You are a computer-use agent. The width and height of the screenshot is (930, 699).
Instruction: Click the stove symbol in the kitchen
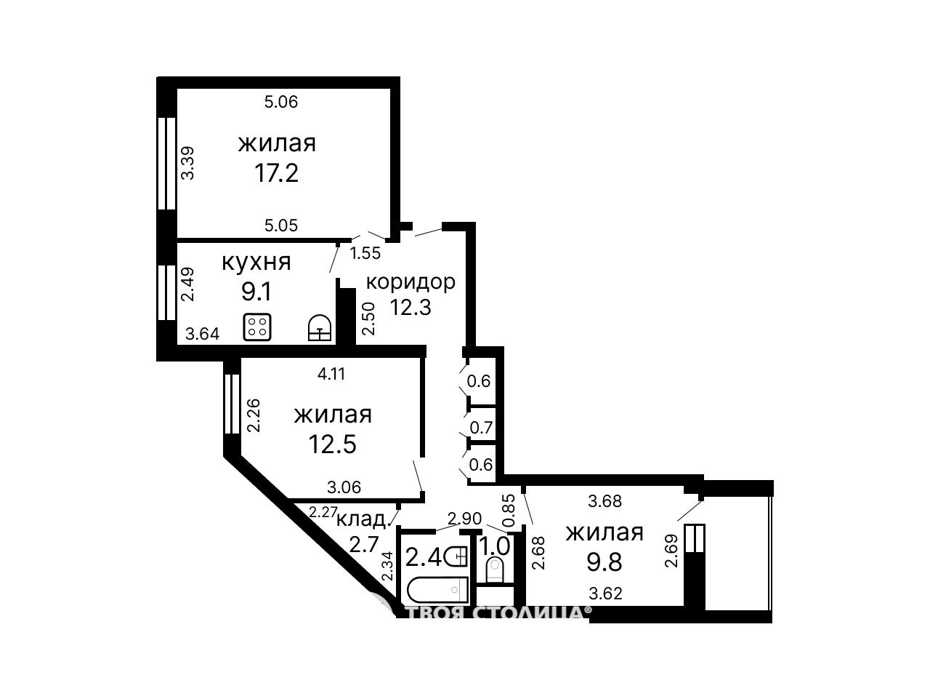click(256, 327)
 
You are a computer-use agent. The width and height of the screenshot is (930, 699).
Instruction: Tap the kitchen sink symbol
click(320, 327)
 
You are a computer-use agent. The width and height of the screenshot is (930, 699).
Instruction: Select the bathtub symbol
click(437, 590)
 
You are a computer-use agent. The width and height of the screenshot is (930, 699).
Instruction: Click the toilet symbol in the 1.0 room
click(494, 570)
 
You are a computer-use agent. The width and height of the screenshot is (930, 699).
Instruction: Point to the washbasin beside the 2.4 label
click(457, 556)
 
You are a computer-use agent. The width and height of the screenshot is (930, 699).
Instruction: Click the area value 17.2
click(276, 173)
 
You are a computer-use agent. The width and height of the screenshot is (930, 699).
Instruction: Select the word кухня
click(256, 263)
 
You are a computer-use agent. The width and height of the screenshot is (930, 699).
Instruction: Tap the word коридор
click(410, 282)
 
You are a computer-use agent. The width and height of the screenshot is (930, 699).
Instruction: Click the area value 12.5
click(333, 444)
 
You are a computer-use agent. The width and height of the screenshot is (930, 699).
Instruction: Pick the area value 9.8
click(604, 562)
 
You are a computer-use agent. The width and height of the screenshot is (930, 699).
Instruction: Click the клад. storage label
click(362, 519)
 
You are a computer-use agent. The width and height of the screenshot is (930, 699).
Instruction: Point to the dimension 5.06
click(281, 102)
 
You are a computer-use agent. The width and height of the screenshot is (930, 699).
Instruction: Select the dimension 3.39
click(187, 164)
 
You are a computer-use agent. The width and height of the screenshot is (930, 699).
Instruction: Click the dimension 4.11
click(331, 374)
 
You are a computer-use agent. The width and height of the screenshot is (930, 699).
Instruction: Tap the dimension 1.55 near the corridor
click(365, 253)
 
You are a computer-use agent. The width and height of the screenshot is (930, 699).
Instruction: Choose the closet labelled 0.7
click(481, 428)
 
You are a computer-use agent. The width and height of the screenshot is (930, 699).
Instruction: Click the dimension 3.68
click(605, 501)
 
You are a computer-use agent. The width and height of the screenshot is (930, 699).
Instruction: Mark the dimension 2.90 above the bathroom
click(465, 519)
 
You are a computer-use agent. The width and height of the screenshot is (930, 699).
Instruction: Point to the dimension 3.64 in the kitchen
click(203, 334)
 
